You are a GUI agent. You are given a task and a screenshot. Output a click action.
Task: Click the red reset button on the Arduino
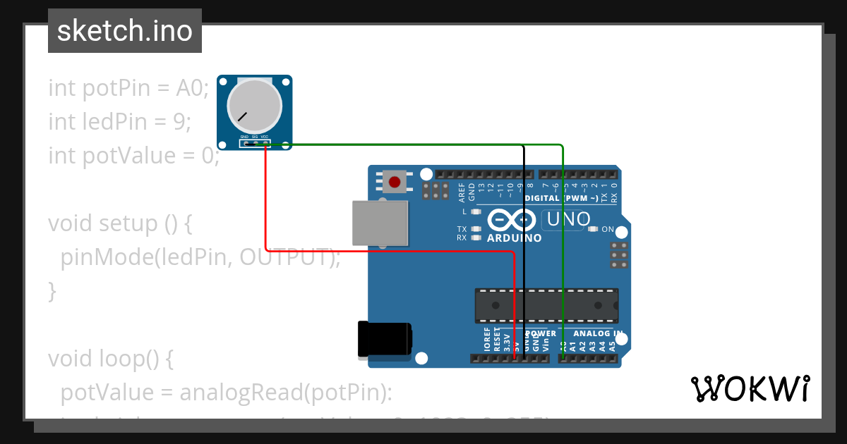[395, 183]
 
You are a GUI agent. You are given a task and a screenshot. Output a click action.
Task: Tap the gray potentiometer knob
[254, 107]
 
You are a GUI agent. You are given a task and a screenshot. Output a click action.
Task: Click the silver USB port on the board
[380, 222]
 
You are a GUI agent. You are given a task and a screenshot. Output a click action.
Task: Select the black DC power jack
[383, 340]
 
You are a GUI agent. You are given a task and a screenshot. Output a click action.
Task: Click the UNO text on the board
[566, 220]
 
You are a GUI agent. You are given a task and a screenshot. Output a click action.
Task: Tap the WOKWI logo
[750, 388]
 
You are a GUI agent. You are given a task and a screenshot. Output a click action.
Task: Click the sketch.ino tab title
[125, 31]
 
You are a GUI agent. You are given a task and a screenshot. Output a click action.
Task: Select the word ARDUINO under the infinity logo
[514, 238]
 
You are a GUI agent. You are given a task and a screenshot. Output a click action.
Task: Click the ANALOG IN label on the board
[597, 333]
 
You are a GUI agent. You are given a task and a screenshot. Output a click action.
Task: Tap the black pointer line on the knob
[242, 116]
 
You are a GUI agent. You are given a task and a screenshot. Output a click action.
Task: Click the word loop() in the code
[137, 359]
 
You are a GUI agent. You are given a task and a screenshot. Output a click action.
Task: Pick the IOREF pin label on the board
[487, 339]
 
